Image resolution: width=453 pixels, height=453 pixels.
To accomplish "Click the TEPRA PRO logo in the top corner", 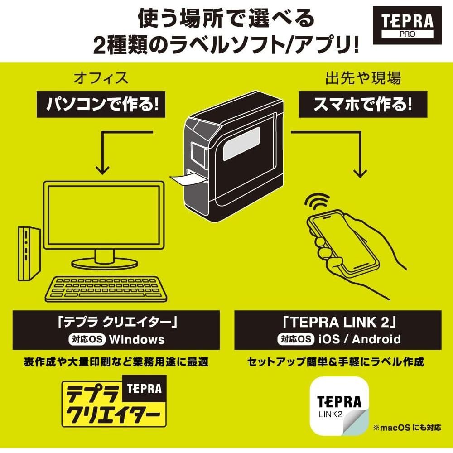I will coord(407,25).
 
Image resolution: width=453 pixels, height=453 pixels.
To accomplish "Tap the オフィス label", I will coord(101,78).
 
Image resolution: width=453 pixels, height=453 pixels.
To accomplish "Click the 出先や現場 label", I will coord(363,78).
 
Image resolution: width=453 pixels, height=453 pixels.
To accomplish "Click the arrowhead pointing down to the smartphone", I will coord(361,172).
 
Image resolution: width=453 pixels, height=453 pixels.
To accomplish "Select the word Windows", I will coord(136,339).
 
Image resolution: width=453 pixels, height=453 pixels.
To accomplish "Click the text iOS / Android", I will coord(359,339).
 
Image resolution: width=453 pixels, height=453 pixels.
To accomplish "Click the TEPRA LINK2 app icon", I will coord(338,406).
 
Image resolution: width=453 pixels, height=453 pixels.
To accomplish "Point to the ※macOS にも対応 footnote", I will coord(406,428).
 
